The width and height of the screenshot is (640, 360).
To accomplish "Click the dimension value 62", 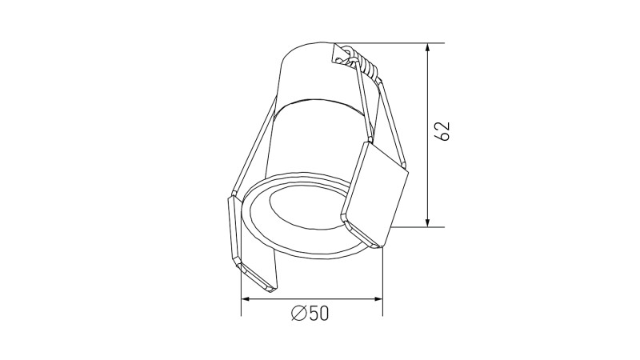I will click(x=445, y=131).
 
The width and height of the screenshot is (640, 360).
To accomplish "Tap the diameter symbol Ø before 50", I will click(x=298, y=314).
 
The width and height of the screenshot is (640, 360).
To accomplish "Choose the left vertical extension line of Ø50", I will click(x=242, y=288).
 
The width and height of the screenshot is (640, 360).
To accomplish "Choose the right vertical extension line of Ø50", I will click(x=382, y=280).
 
